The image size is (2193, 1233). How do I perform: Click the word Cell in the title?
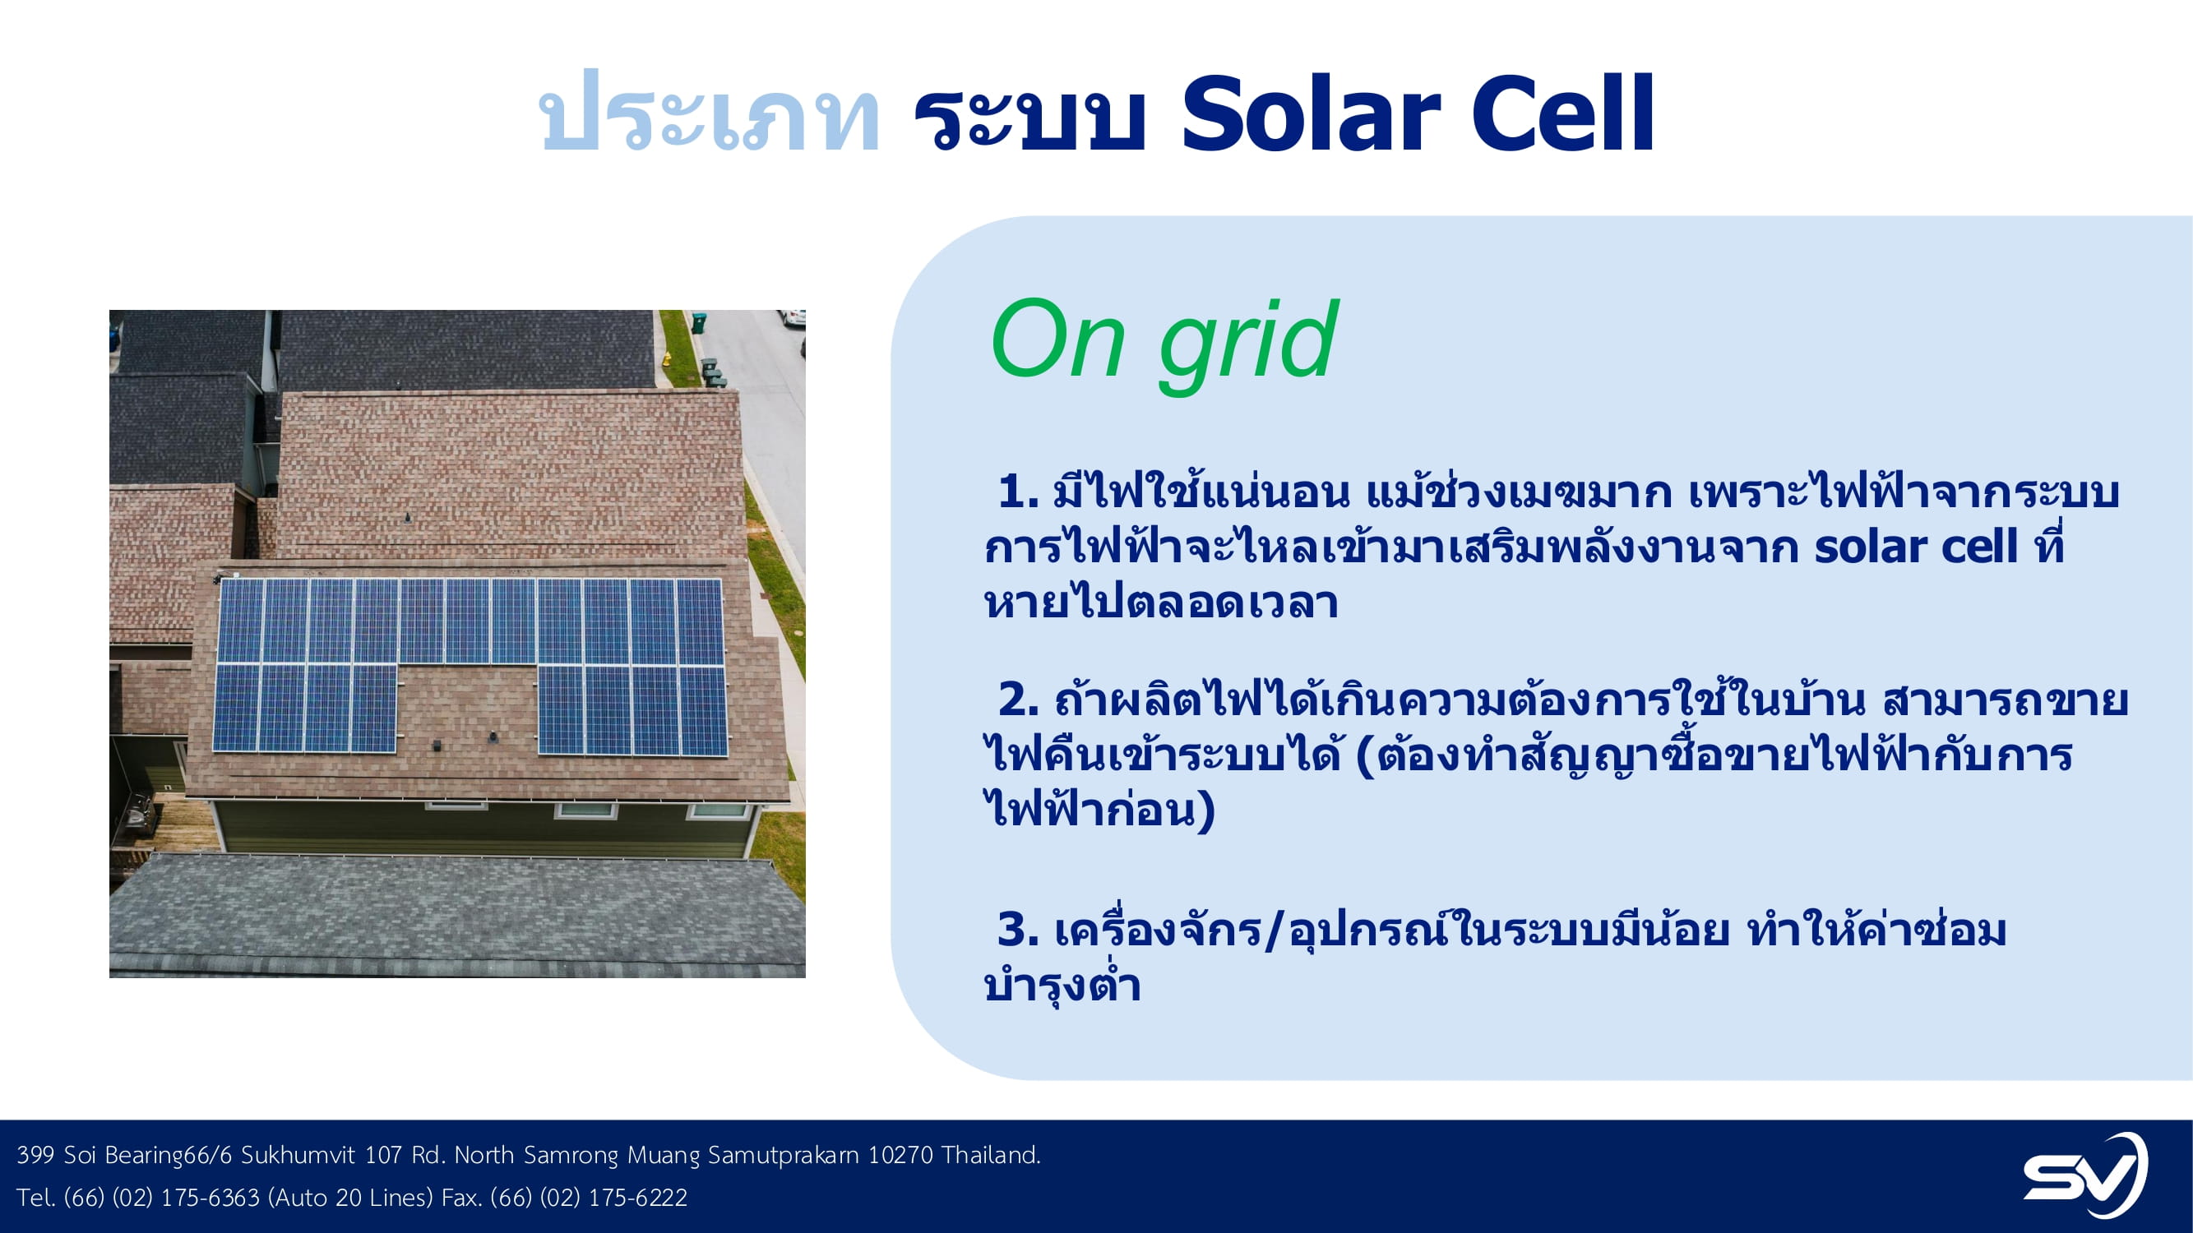1563,113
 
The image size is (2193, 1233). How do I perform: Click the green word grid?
1248,345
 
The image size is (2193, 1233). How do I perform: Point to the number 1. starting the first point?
1018,492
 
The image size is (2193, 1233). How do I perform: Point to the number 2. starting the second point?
1018,700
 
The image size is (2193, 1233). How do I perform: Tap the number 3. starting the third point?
1018,929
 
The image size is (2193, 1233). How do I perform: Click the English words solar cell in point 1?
1915,547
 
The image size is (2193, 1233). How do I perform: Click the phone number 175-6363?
210,1198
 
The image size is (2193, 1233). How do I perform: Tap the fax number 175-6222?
637,1198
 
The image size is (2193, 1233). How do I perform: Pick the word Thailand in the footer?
992,1155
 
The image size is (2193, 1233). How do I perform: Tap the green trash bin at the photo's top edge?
699,322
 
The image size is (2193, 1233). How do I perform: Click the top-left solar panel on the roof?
241,621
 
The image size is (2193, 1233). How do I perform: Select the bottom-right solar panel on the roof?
703,711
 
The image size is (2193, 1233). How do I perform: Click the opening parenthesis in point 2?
1365,756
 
